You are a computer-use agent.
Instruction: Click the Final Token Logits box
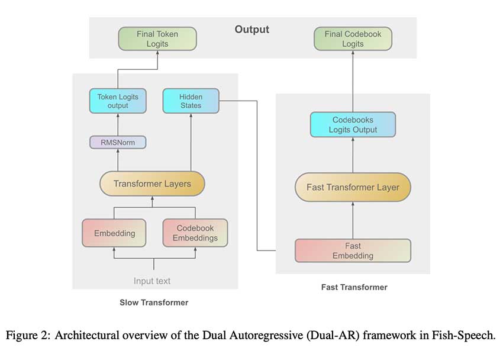[x=157, y=38]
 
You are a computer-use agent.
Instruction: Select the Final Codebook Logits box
[x=352, y=38]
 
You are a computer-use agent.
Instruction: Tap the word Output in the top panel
[x=251, y=30]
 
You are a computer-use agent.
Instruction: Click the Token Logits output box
[x=117, y=101]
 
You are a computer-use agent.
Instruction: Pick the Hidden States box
[x=191, y=101]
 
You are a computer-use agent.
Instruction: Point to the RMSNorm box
[x=117, y=142]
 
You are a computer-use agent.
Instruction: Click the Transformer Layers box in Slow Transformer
[x=152, y=184]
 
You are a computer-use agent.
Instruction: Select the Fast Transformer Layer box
[x=353, y=187]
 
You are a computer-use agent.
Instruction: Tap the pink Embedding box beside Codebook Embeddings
[x=114, y=233]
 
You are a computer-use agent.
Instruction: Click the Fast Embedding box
[x=353, y=250]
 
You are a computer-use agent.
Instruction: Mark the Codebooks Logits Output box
[x=353, y=125]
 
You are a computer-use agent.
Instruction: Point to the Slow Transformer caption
[x=154, y=303]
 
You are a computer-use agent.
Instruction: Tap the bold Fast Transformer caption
[x=354, y=287]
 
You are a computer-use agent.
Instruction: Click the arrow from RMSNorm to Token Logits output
[x=117, y=124]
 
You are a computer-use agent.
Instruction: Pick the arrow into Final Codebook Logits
[x=352, y=80]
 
